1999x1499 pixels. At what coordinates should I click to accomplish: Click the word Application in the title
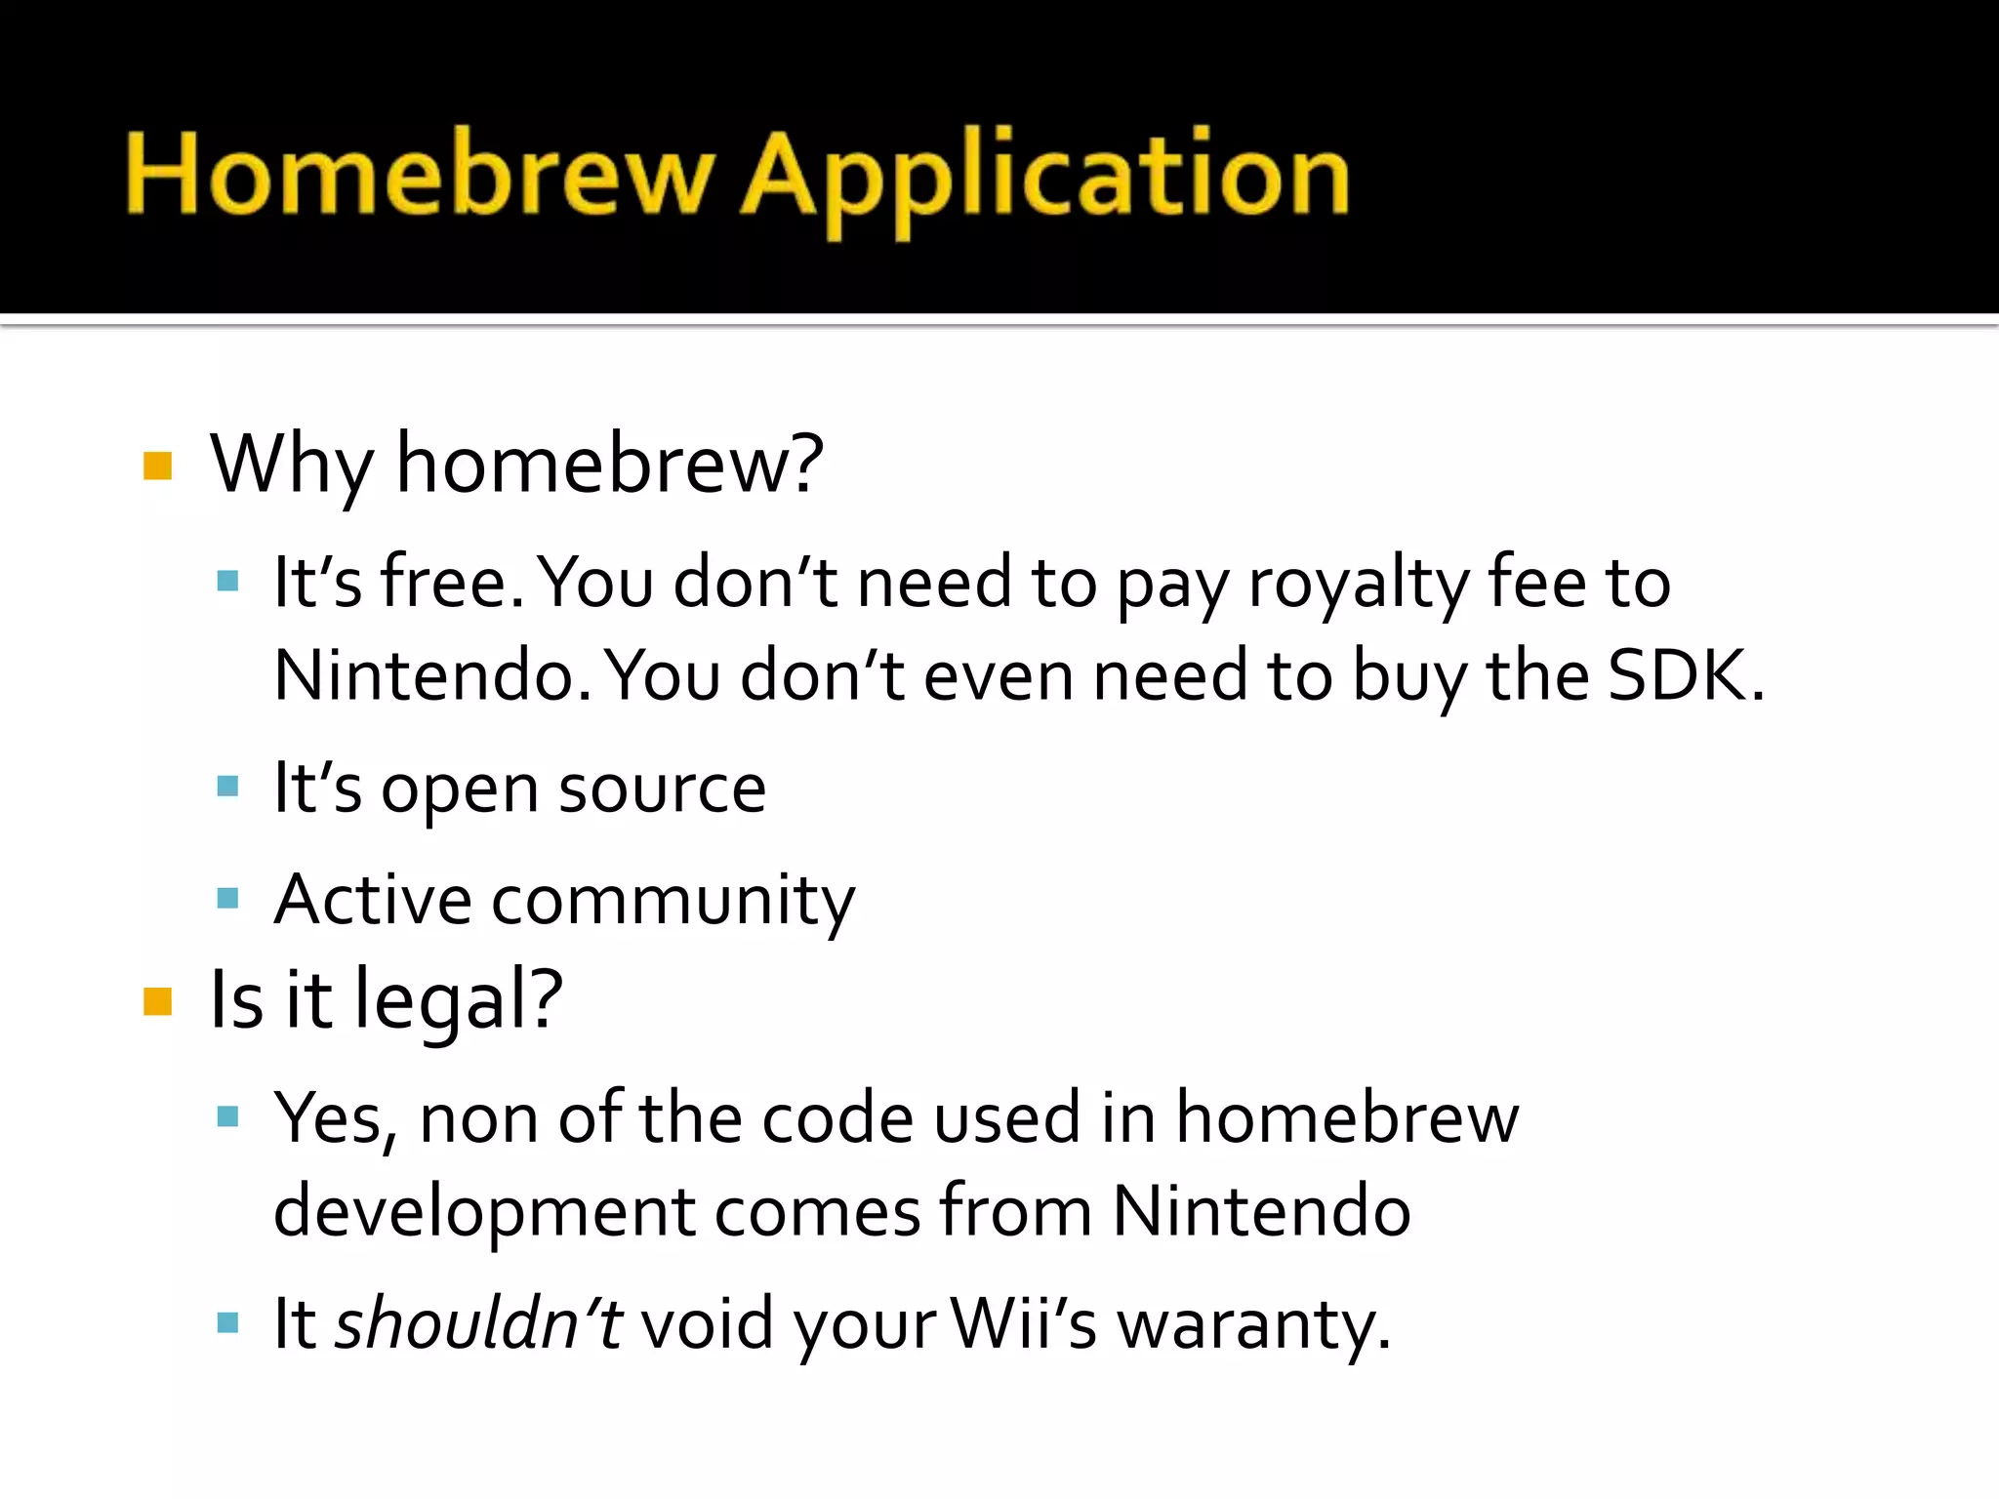[x=1044, y=181]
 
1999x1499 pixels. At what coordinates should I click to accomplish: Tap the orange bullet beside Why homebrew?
[x=157, y=466]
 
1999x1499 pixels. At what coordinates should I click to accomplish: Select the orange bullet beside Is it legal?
[x=157, y=1001]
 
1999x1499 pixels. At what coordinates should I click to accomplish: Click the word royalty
[x=1358, y=584]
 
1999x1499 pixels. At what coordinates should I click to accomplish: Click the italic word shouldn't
[x=478, y=1324]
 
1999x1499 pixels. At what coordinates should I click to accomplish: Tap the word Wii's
[x=1023, y=1324]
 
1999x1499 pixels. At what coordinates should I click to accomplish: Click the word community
[x=673, y=901]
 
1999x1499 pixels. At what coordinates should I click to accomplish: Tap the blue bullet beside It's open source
[x=227, y=787]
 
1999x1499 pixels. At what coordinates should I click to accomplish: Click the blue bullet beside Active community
[x=227, y=898]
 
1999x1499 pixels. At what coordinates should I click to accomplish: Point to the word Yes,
[x=335, y=1119]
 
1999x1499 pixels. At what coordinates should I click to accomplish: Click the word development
[x=483, y=1212]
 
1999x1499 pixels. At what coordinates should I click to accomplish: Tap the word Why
[x=291, y=466]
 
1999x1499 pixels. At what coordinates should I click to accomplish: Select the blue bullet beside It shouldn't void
[x=227, y=1323]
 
